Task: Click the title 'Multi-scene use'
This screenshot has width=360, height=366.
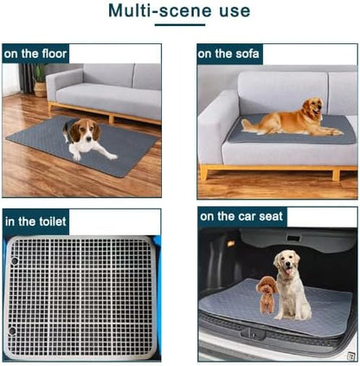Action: click(x=179, y=12)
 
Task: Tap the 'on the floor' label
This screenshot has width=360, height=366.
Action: click(x=35, y=53)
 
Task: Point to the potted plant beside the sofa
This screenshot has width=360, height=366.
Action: click(x=39, y=80)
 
